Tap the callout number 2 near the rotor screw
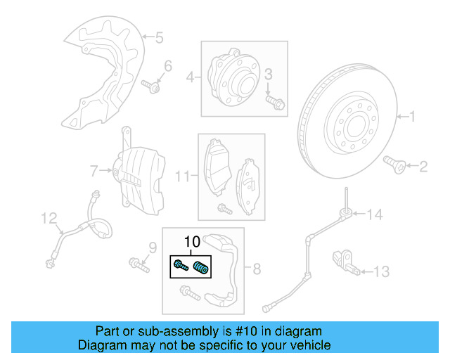coord(423,167)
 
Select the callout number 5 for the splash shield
coord(159,37)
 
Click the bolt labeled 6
coord(151,87)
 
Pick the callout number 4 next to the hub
coord(190,77)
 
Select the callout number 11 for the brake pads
coord(182,176)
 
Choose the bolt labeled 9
coord(139,265)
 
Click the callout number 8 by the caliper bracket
coord(257,268)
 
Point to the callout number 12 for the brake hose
coord(47,219)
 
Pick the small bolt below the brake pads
coord(224,208)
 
